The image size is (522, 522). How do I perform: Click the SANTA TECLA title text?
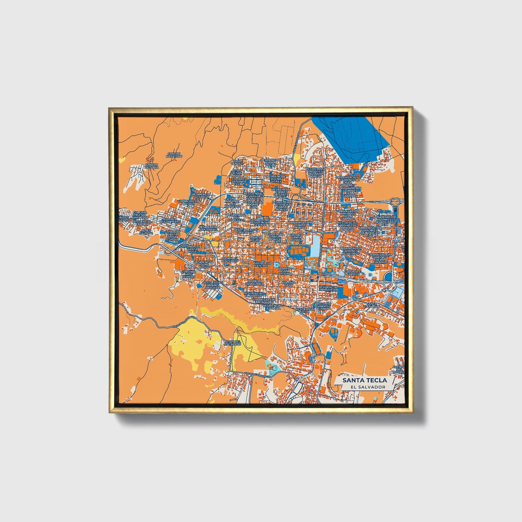point(364,380)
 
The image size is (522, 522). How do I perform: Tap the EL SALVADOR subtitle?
point(364,387)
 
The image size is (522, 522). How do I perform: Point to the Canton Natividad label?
point(174,155)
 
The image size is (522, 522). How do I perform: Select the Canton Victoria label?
point(151,166)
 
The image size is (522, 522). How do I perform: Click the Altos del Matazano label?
point(232,342)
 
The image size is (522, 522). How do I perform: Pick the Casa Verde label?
point(237,162)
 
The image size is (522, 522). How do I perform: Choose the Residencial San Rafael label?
point(208,228)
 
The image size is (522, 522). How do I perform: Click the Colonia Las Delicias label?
point(188,274)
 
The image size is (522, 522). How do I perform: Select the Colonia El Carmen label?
point(352,273)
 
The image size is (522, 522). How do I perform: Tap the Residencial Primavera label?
point(328,288)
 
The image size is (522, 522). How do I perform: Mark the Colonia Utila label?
point(289,284)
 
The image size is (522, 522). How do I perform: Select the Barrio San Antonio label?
point(285,271)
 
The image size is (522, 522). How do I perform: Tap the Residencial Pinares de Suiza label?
point(213,285)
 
